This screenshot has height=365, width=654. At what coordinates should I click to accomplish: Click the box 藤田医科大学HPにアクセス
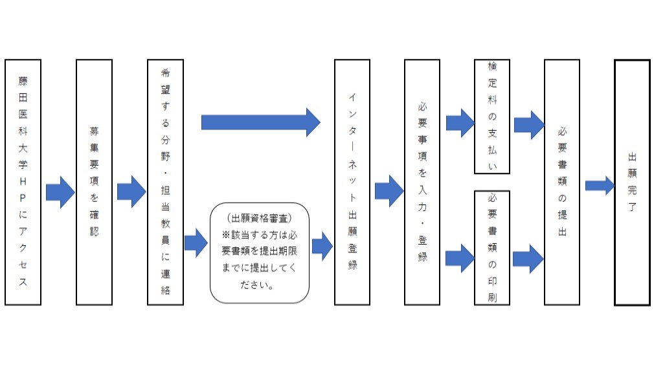pos(23,182)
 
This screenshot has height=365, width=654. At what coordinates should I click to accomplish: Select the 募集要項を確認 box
pos(94,182)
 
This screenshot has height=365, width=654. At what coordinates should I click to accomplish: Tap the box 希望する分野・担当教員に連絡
pos(165,182)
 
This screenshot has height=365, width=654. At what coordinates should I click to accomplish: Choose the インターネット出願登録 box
pos(352,182)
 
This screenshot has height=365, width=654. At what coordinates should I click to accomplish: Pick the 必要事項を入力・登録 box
pos(422,182)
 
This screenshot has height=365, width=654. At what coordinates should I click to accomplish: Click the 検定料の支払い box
pos(491,116)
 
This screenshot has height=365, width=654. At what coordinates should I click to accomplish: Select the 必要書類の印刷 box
pos(491,248)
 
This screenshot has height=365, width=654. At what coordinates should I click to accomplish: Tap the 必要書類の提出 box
pos(561,182)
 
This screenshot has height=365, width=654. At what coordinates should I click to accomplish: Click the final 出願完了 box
pos(632,182)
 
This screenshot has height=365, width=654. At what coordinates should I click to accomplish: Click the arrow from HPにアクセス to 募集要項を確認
pos(60,192)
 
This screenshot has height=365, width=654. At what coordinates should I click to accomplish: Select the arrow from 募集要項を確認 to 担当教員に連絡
pos(131,192)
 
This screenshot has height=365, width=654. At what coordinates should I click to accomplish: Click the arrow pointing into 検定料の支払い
pos(460,123)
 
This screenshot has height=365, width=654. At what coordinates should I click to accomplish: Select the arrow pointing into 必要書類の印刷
pos(460,258)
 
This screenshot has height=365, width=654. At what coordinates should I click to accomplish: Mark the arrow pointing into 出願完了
pos(599,186)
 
